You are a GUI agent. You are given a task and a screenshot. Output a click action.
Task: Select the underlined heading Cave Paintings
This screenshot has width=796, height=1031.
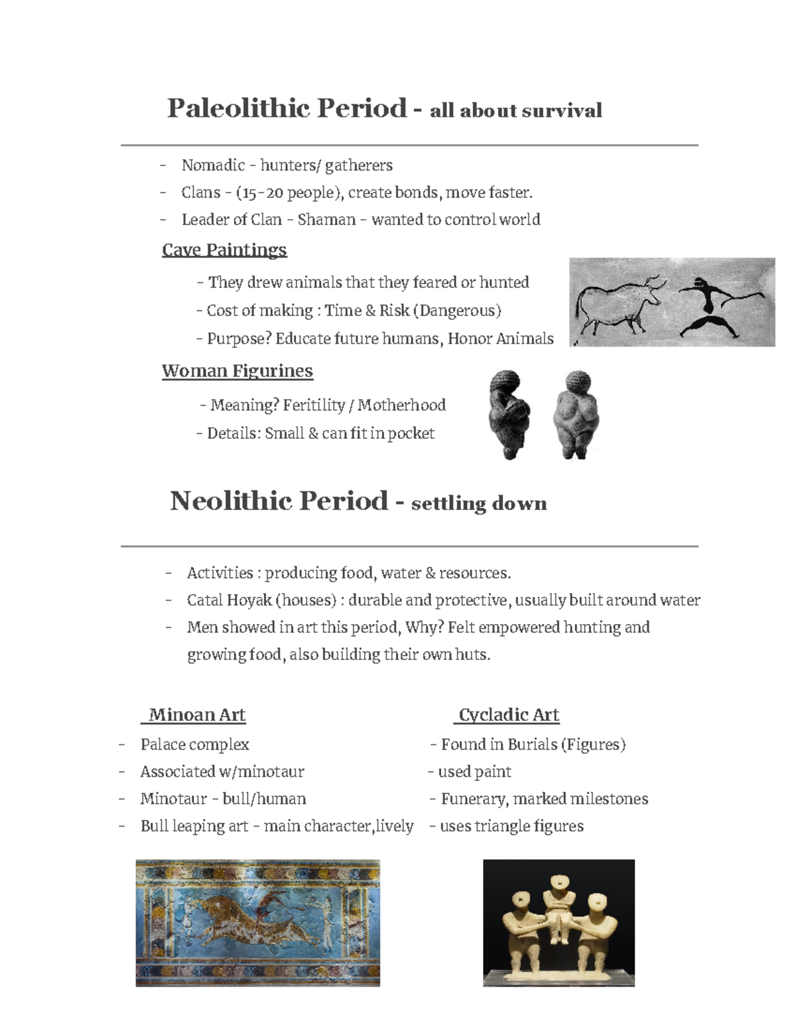pos(224,250)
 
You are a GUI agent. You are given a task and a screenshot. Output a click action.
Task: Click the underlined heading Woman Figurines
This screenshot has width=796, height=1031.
pos(237,370)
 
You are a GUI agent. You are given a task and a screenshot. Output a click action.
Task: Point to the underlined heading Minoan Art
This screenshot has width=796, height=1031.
pos(196,715)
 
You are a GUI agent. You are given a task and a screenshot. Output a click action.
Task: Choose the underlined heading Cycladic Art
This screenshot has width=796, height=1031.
pos(509,715)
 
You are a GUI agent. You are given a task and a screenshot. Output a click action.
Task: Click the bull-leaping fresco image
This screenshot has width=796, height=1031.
pos(257,923)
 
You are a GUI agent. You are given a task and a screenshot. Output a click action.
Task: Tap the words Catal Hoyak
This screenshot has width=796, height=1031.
pos(230,600)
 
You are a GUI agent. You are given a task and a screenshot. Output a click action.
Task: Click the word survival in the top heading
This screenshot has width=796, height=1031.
pos(561,110)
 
